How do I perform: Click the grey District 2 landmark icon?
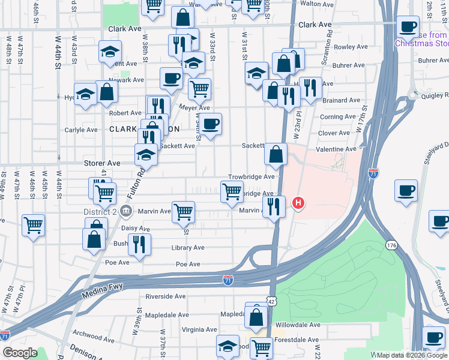pyautogui.click(x=126, y=211)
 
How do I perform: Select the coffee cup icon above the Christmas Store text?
pyautogui.click(x=408, y=27)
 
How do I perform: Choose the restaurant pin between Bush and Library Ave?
pyautogui.click(x=139, y=244)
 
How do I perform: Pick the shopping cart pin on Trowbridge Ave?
pyautogui.click(x=232, y=193)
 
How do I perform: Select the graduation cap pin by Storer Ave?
pyautogui.click(x=146, y=155)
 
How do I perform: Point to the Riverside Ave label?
pyautogui.click(x=165, y=296)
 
